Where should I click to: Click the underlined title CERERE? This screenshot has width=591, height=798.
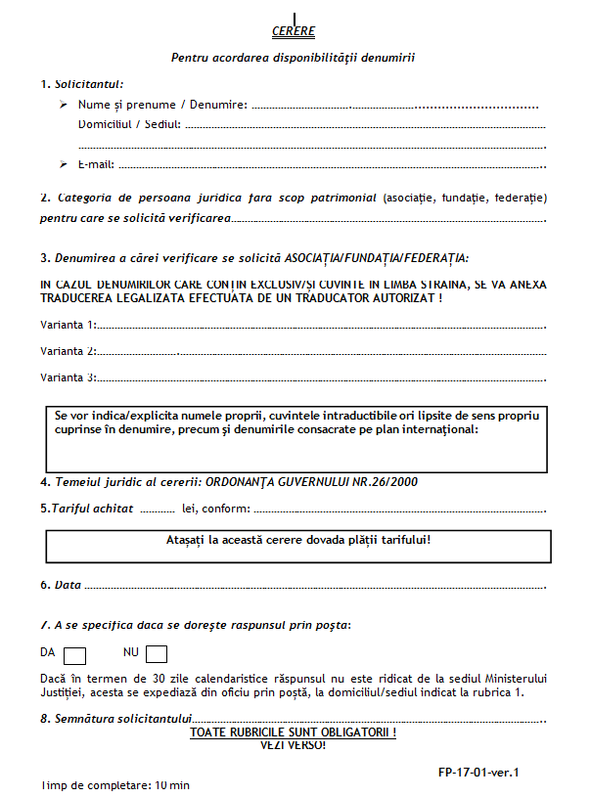pos(294,31)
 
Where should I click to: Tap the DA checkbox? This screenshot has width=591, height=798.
pos(75,654)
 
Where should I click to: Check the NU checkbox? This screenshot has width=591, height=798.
pos(157,654)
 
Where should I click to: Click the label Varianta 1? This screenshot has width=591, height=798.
pos(68,324)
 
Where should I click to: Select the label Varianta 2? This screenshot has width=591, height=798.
pos(68,350)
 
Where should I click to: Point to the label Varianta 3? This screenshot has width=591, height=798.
pos(68,377)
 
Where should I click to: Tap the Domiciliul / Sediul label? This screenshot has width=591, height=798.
pos(129,124)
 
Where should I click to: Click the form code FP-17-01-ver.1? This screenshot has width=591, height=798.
pos(479,772)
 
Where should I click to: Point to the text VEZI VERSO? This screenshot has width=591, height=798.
pos(293,745)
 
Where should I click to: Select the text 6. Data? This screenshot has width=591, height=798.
pos(61,585)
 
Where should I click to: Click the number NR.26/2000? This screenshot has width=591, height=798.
pos(392,482)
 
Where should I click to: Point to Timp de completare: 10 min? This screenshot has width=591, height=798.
pos(115,785)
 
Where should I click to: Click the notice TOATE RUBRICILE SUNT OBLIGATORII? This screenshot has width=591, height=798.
pos(293,731)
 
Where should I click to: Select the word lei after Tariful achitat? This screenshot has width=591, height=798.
pos(190,509)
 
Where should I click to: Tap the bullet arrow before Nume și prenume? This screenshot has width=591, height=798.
pos(63,104)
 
